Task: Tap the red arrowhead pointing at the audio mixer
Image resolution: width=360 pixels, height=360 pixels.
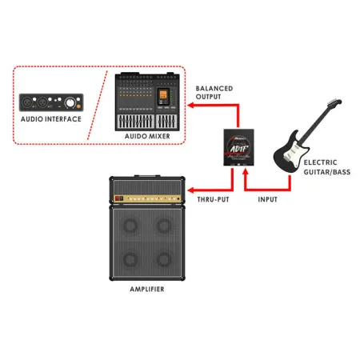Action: coord(190,103)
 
